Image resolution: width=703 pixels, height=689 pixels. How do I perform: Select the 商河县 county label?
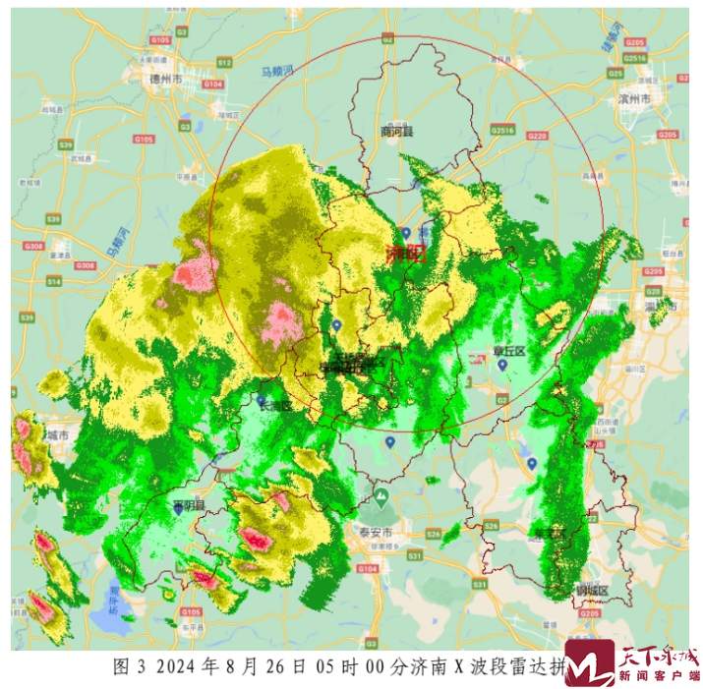point(397,131)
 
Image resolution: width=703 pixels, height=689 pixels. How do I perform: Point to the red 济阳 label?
point(404,255)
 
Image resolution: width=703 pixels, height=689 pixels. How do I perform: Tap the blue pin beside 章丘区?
point(501,366)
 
